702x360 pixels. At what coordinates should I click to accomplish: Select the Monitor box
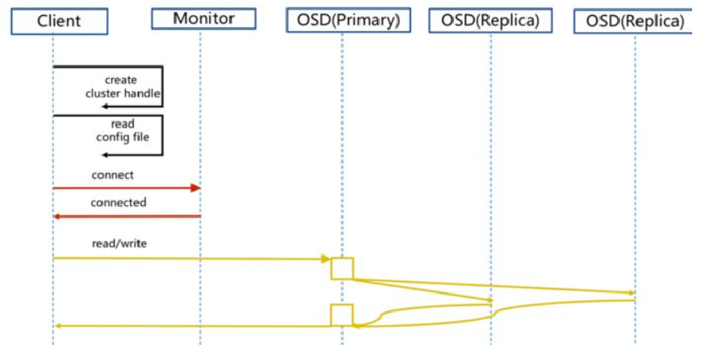pyautogui.click(x=200, y=17)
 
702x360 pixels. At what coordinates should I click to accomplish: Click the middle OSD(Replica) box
pyautogui.click(x=490, y=21)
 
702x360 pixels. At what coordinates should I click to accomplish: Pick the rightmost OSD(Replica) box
pyautogui.click(x=635, y=22)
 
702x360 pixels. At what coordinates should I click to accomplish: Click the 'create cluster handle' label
pyautogui.click(x=122, y=86)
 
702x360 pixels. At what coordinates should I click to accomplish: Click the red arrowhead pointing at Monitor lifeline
pyautogui.click(x=195, y=188)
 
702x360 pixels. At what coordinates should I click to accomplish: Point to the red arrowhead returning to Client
pyautogui.click(x=58, y=216)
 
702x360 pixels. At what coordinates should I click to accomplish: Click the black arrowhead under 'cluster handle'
pyautogui.click(x=106, y=107)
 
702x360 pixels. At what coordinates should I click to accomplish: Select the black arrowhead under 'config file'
pyautogui.click(x=106, y=154)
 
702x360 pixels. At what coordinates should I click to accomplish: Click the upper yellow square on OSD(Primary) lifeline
pyautogui.click(x=342, y=268)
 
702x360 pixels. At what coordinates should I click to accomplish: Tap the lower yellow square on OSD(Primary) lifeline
pyautogui.click(x=342, y=314)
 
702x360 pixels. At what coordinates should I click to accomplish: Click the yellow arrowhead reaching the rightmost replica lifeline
pyautogui.click(x=630, y=292)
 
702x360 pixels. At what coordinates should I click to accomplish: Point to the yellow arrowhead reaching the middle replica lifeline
pyautogui.click(x=488, y=300)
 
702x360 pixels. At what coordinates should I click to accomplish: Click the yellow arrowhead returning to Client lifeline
pyautogui.click(x=58, y=326)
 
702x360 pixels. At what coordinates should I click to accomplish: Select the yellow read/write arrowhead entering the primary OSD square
pyautogui.click(x=326, y=259)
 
